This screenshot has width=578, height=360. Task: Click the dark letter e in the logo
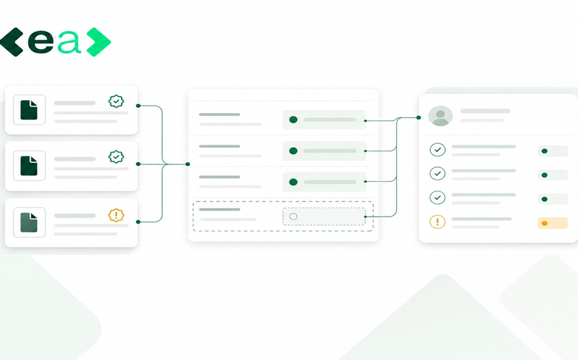(41, 42)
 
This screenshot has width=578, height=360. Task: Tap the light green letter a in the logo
(69, 42)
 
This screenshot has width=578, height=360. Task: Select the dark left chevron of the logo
(12, 42)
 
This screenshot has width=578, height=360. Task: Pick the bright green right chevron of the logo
(99, 42)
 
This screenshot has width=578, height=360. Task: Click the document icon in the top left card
(29, 110)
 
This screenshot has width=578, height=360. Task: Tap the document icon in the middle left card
(29, 165)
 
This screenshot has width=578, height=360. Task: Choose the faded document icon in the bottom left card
(29, 222)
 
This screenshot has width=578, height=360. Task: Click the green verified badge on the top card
(116, 101)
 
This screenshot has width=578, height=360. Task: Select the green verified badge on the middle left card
(116, 157)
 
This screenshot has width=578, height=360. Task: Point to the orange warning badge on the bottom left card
(116, 215)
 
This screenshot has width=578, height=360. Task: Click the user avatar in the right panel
(440, 116)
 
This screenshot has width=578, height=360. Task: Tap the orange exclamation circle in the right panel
(438, 222)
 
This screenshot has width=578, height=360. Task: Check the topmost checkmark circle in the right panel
(438, 150)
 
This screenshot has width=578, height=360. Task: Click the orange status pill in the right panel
(552, 223)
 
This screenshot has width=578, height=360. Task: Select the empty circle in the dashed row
(293, 216)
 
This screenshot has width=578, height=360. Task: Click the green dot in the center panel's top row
(293, 120)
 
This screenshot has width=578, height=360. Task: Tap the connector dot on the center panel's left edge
(188, 164)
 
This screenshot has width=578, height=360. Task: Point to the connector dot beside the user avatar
(419, 118)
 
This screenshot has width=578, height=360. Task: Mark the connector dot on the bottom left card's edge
(138, 222)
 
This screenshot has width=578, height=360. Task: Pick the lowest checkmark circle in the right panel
(438, 197)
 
